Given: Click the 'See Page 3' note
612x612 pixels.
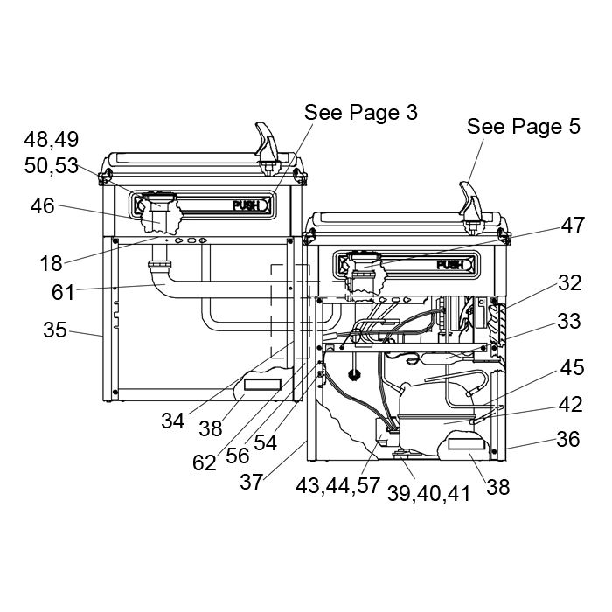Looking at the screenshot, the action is (x=360, y=113).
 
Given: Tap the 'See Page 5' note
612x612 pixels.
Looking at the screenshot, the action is (x=524, y=127).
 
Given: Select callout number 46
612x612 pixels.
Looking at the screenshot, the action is (x=43, y=205).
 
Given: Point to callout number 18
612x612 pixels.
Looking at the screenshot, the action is (x=51, y=263).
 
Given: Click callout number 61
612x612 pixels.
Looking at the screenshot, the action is (x=63, y=292).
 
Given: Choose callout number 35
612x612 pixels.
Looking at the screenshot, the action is (x=55, y=330).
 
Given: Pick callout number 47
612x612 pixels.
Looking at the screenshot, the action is (x=573, y=225).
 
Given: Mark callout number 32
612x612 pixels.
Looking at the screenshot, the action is (x=570, y=282).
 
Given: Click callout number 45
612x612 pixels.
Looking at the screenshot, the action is (x=572, y=368).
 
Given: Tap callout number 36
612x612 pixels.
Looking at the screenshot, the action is (x=568, y=439).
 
